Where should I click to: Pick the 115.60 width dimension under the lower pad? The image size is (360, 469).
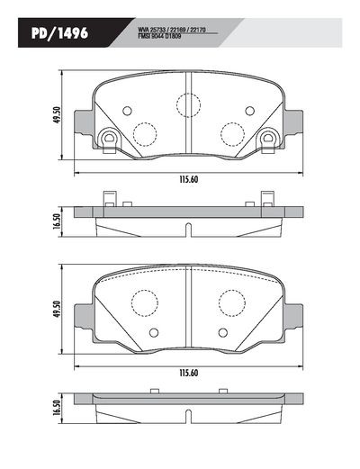tap(188, 374)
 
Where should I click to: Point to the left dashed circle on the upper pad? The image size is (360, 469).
tap(145, 135)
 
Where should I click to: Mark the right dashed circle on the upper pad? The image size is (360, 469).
tap(232, 135)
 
